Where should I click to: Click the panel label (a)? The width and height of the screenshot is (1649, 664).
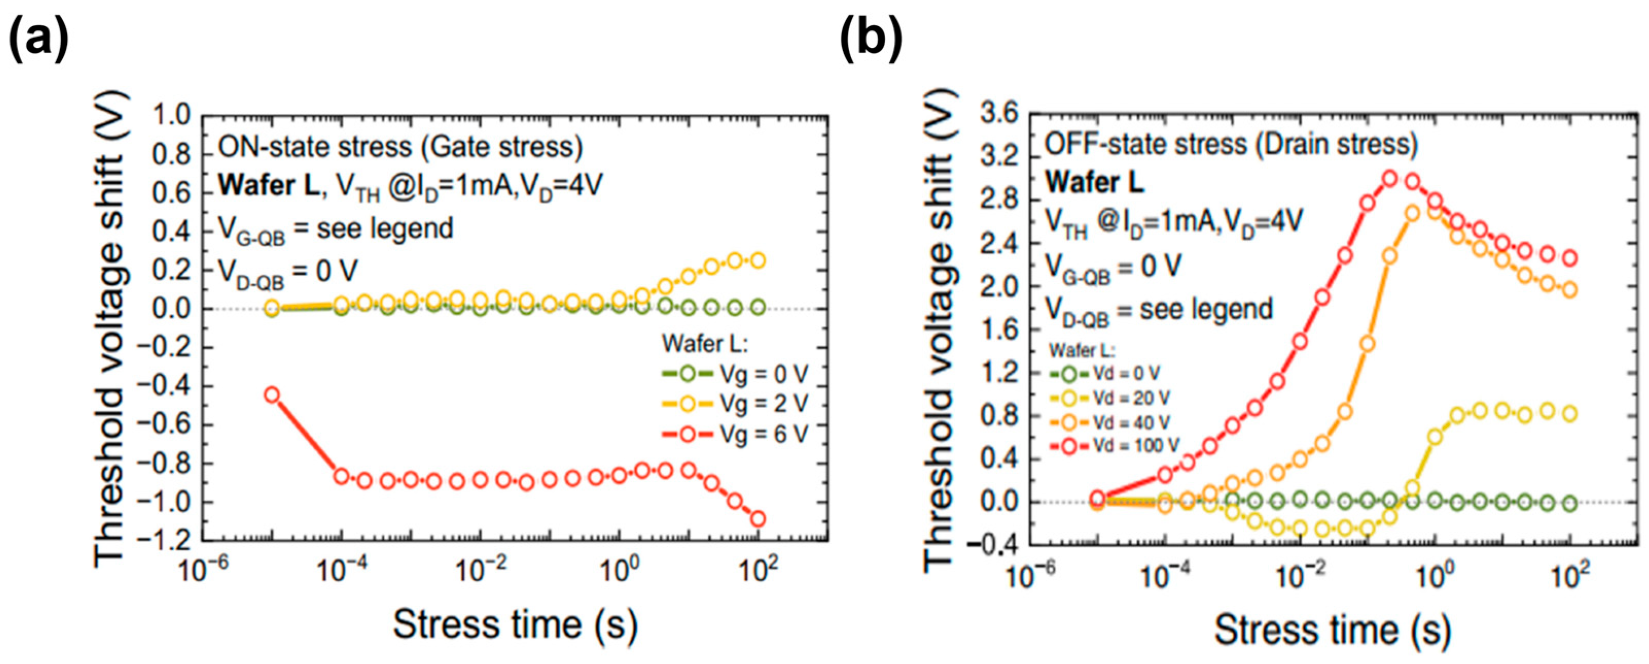point(39,40)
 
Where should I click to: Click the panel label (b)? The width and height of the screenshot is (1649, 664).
point(871,40)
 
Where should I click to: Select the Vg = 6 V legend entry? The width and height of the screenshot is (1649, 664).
point(736,434)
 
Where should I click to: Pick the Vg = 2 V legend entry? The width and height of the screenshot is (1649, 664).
point(736,404)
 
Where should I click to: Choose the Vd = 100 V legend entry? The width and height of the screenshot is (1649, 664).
point(1115,446)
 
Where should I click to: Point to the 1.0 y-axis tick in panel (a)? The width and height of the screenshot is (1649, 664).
point(172,116)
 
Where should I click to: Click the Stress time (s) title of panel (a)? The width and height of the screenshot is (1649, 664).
point(515,624)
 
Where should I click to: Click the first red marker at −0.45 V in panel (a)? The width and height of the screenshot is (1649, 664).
point(272,394)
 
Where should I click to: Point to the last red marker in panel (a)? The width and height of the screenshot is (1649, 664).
point(758,519)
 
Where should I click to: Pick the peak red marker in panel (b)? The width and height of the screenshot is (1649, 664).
point(1389,179)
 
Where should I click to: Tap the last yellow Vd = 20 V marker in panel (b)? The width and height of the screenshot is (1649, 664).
point(1570,414)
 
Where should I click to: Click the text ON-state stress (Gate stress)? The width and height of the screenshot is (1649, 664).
point(401,147)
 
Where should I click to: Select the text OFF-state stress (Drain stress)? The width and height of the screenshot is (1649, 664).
point(1231,144)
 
